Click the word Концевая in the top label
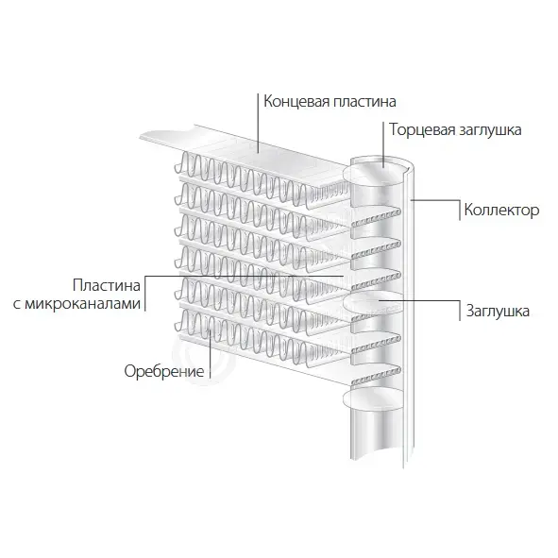coord(296,102)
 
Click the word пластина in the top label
coord(364,101)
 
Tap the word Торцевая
coord(422,130)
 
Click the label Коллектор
coord(501,210)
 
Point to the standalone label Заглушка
coord(498,311)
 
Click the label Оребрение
coord(164,371)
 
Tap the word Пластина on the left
coord(107,285)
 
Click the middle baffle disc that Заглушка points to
coord(373,303)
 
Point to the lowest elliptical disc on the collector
coord(373,399)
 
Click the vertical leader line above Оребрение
coord(210,353)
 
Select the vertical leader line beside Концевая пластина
coord(258,123)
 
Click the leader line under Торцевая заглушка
coord(383,144)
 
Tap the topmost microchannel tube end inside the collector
coord(376,217)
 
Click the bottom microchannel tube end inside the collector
coord(376,377)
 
